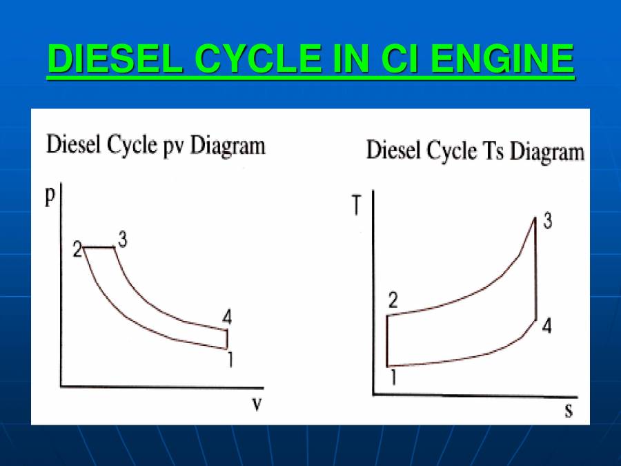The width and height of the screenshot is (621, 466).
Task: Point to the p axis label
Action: (x=50, y=195)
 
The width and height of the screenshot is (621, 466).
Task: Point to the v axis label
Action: (x=256, y=404)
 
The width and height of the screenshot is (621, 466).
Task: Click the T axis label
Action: (x=357, y=205)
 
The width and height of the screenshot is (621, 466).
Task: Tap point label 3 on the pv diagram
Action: (x=123, y=240)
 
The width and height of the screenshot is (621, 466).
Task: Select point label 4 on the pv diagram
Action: (x=227, y=318)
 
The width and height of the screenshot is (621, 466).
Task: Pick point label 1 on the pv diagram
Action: (x=228, y=359)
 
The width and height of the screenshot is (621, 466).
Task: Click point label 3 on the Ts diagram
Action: (x=546, y=223)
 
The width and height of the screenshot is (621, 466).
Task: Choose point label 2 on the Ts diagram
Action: (x=393, y=300)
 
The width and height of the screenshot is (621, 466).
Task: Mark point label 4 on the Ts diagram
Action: (x=546, y=327)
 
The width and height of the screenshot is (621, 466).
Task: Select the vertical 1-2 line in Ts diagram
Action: (x=387, y=340)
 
